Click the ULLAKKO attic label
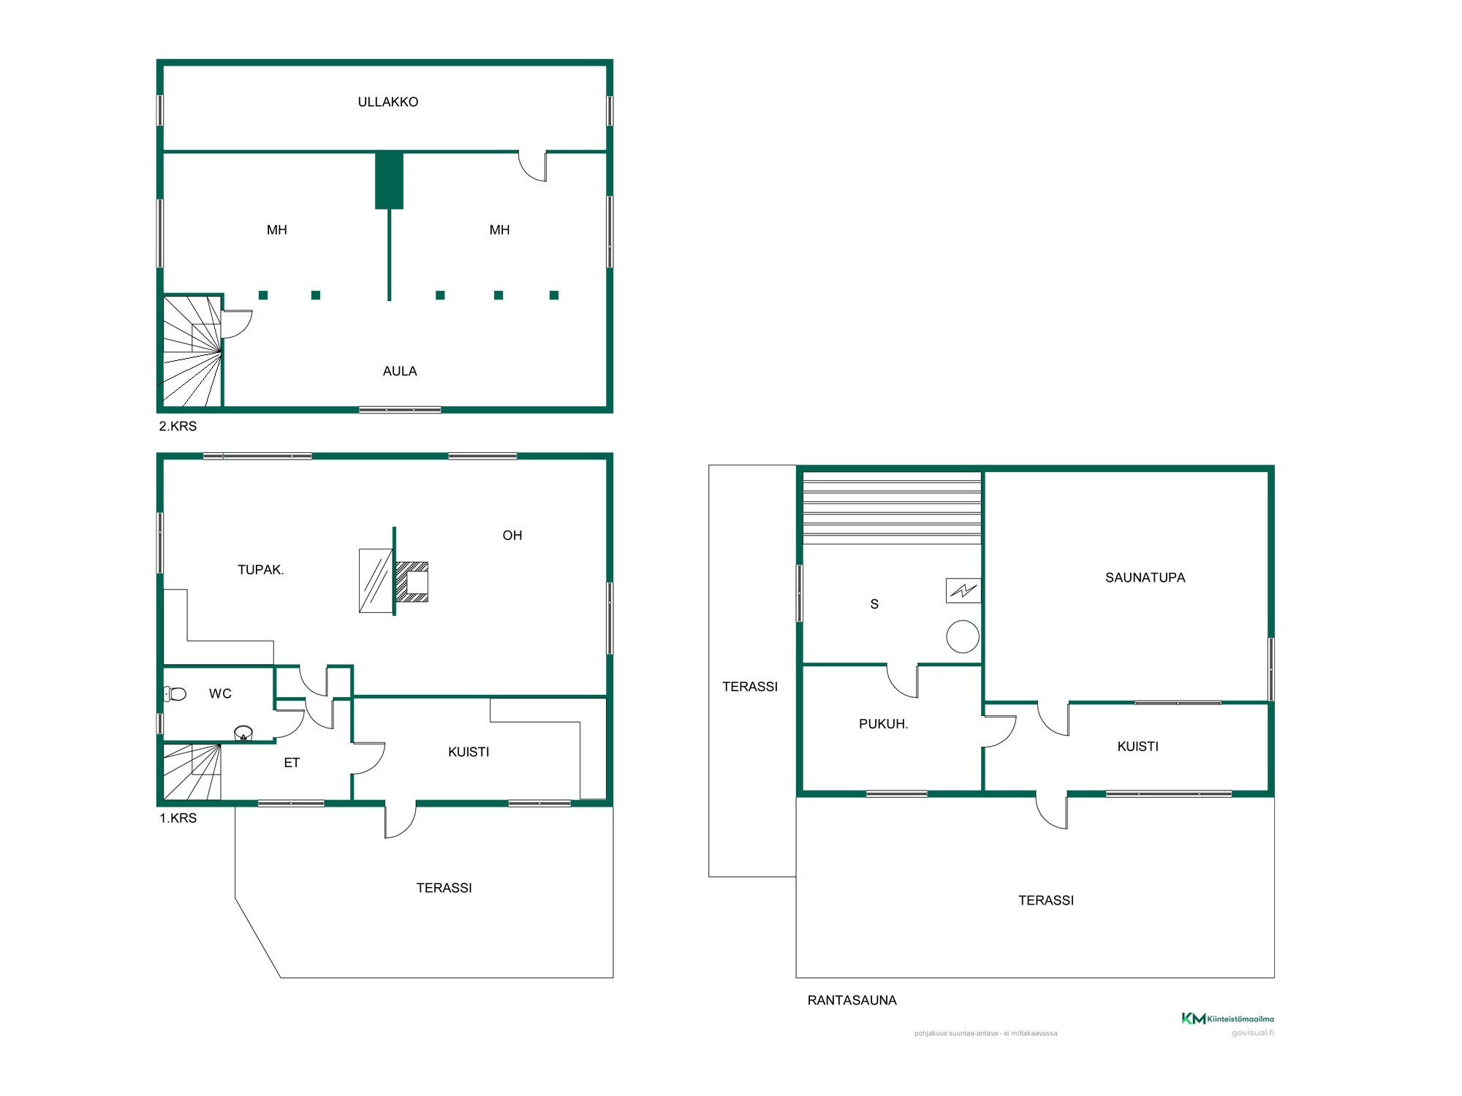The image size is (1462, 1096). click(x=388, y=102)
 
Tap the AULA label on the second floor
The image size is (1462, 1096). click(x=400, y=371)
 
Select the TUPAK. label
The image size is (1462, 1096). click(x=261, y=570)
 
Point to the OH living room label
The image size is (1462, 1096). click(x=512, y=536)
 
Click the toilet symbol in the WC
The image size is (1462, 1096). click(x=175, y=693)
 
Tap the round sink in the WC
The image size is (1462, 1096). click(x=243, y=733)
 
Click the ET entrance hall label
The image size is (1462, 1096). click(x=292, y=763)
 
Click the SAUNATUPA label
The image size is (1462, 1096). click(x=1145, y=578)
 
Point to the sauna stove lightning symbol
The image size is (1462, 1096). click(x=963, y=590)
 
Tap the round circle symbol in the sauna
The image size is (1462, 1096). click(x=963, y=636)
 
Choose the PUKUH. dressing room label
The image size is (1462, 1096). click(x=883, y=724)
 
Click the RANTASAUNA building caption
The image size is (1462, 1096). click(x=852, y=1000)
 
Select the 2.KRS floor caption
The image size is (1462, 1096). click(x=178, y=426)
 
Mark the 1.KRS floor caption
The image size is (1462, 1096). click(x=178, y=818)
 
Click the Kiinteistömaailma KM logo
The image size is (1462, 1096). click(x=1227, y=1019)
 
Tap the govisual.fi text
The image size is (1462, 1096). click(x=1252, y=1033)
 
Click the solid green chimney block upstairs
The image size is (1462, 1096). click(x=389, y=180)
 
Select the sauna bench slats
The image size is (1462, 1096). click(x=892, y=508)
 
